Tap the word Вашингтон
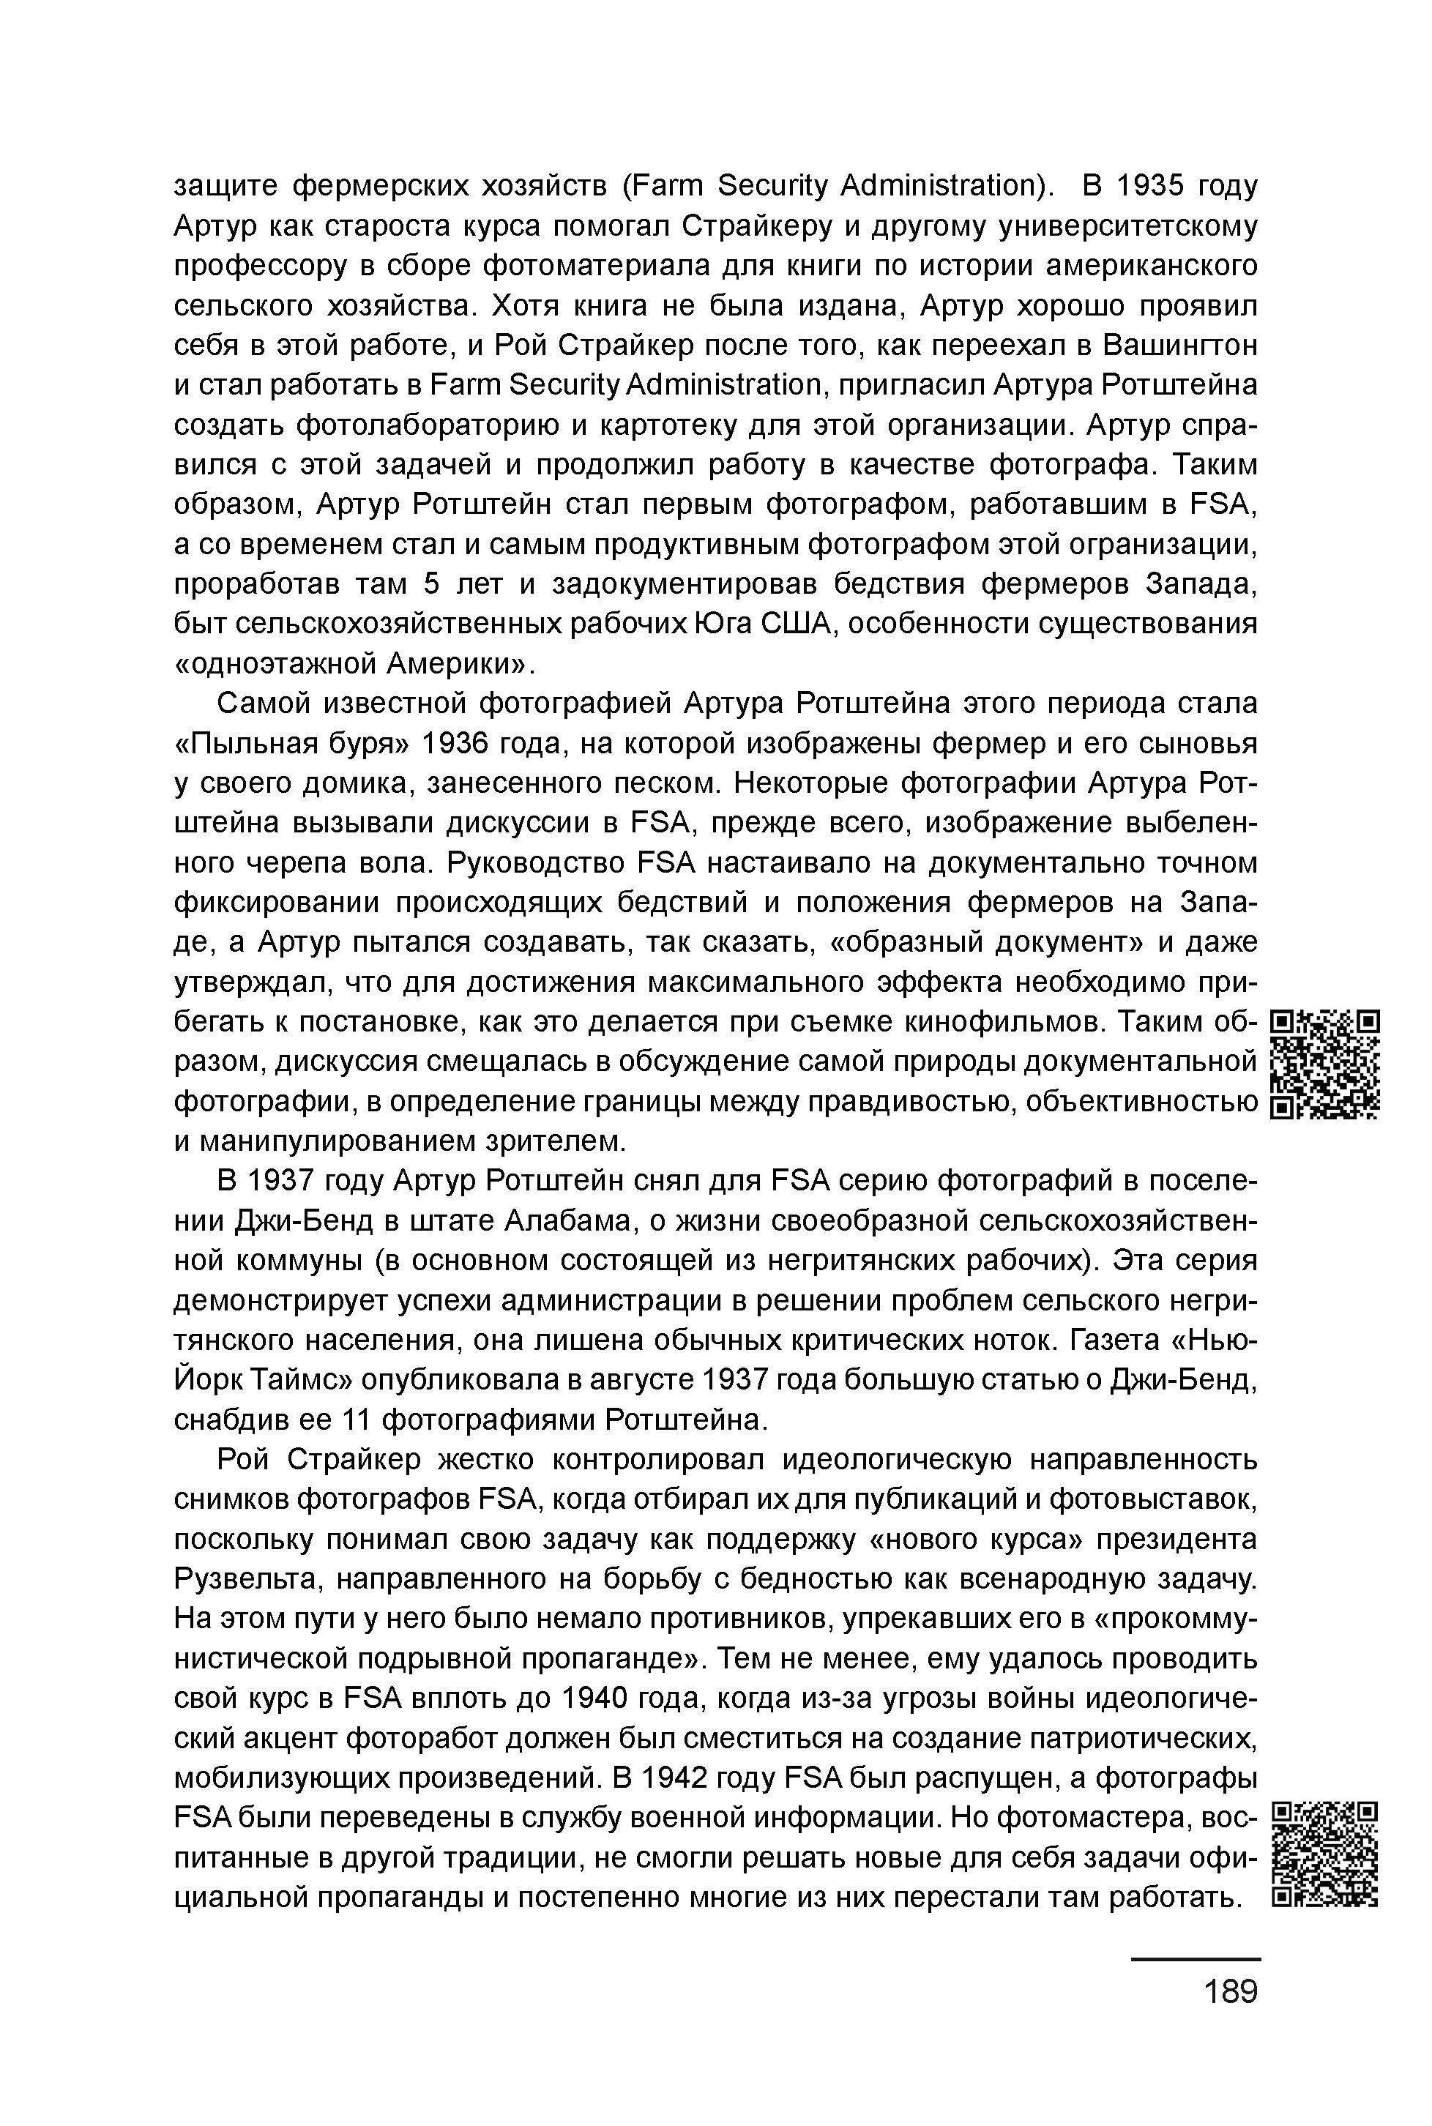coord(1180,346)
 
